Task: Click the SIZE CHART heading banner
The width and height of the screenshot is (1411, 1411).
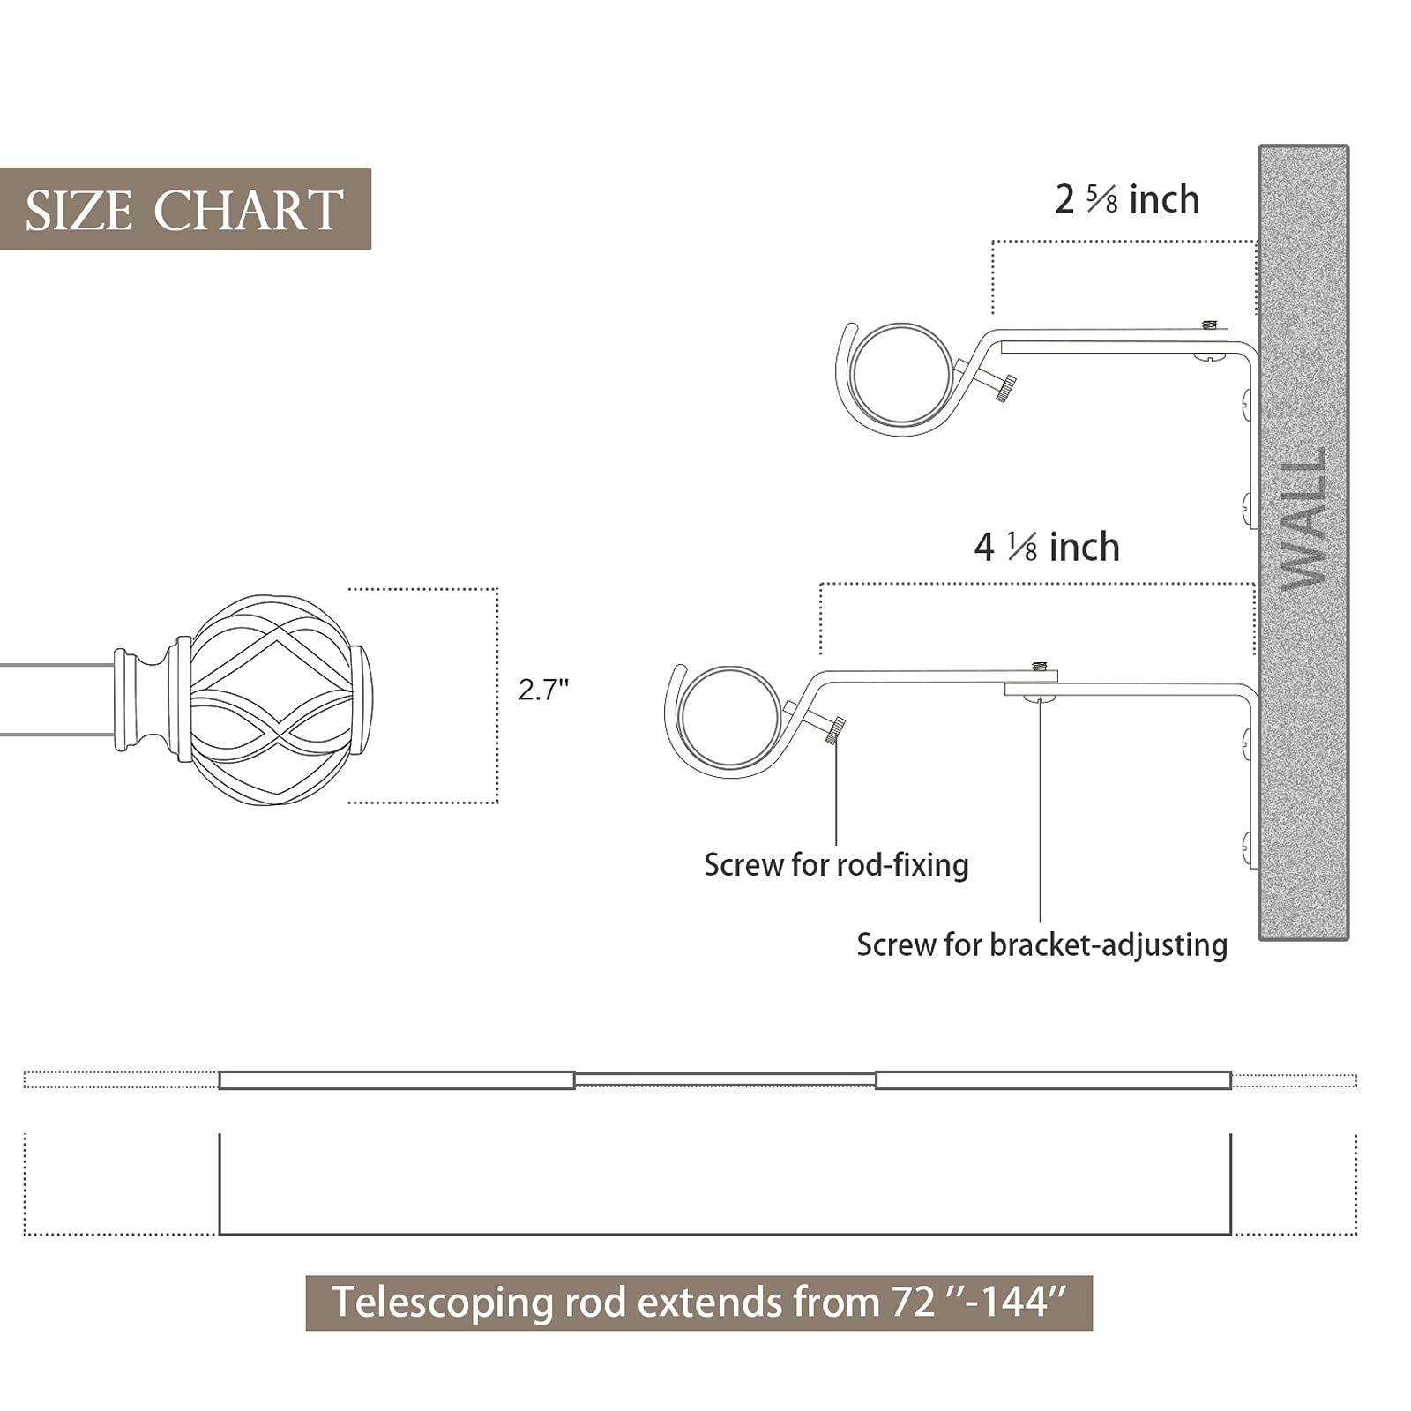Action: [x=184, y=209]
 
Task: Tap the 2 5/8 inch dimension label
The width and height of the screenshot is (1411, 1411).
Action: [x=1126, y=200]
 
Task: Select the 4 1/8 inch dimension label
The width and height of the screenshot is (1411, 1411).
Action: [x=1046, y=548]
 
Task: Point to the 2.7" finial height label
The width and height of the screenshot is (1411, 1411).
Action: [x=543, y=690]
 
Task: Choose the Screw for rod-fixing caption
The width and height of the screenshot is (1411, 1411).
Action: [x=835, y=865]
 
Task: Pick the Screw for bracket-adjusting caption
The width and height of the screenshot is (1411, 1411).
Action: [x=1041, y=945]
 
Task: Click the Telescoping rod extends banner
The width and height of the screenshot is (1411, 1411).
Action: [x=698, y=1303]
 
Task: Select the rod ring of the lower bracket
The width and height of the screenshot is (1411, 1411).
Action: [x=731, y=717]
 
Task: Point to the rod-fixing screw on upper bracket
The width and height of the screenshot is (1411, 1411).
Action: [x=1004, y=388]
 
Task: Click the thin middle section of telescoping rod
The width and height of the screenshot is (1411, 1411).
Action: [x=725, y=1079]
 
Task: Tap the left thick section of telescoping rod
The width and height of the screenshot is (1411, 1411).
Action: [x=396, y=1080]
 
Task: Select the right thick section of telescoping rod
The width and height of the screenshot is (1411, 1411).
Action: [x=1053, y=1080]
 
